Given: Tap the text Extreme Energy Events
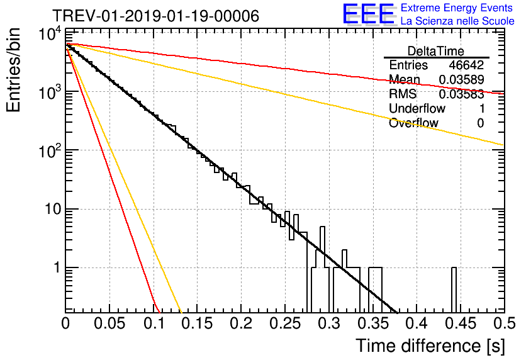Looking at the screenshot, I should tap(457, 8).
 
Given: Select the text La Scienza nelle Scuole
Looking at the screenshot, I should tap(457, 21).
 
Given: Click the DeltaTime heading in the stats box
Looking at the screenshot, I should tap(436, 51).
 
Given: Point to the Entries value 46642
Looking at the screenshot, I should tap(466, 65).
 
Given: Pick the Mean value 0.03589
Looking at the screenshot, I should tap(461, 80).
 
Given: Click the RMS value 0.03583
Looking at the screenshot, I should tap(461, 94).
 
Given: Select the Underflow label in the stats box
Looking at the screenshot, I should tap(417, 109).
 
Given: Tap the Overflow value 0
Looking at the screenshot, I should tap(480, 123).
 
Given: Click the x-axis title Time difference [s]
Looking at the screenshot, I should tap(429, 346).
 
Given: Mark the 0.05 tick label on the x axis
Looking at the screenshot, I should tap(109, 323).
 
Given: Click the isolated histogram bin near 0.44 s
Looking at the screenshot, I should tap(454, 290).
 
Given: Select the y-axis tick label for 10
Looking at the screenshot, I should tap(49, 210).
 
